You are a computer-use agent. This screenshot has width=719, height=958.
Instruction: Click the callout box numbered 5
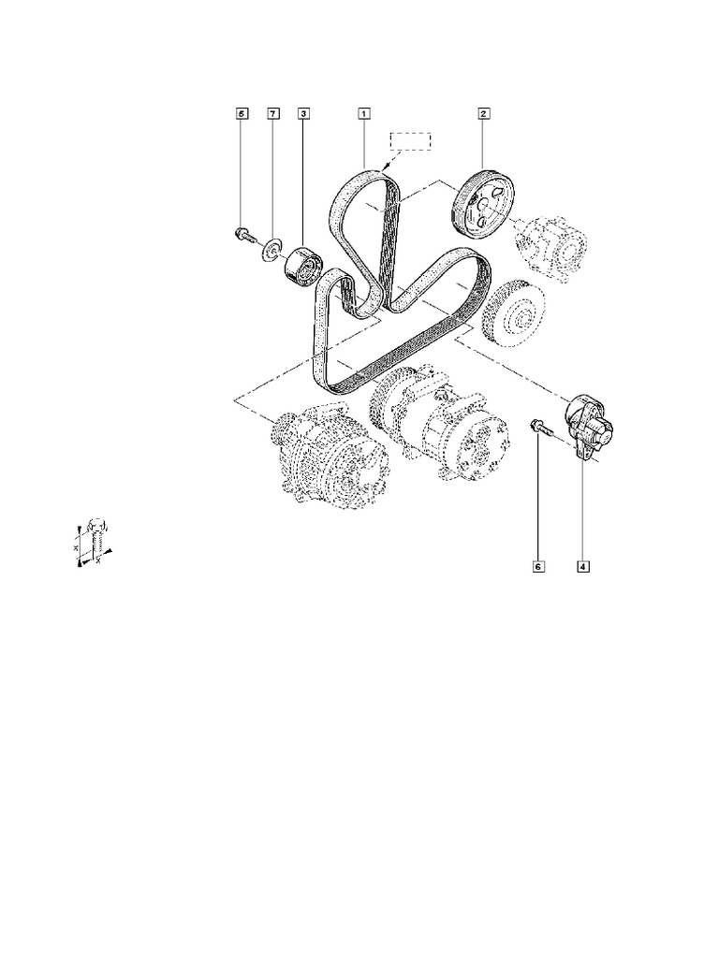click(x=242, y=114)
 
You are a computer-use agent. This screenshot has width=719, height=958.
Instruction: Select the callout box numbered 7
click(x=273, y=114)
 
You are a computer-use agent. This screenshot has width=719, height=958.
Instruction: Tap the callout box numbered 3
click(x=304, y=114)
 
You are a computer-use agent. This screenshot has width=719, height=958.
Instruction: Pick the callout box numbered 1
click(x=362, y=114)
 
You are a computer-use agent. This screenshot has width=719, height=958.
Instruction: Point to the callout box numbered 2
click(x=484, y=114)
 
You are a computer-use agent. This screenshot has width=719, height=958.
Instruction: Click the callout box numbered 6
click(x=539, y=566)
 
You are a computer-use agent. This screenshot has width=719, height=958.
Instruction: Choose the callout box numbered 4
click(x=582, y=566)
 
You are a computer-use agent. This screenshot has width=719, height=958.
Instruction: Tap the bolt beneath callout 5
click(x=242, y=234)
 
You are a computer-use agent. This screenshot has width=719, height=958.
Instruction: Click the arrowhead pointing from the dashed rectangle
click(x=386, y=163)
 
